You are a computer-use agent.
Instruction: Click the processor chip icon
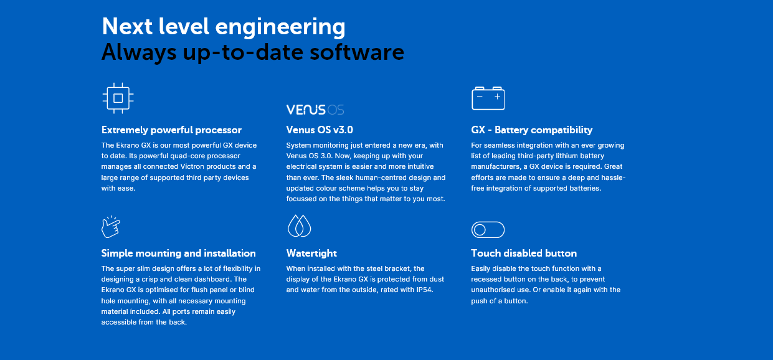click(x=118, y=98)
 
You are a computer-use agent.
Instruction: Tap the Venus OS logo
click(x=315, y=110)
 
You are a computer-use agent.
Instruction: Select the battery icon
click(x=488, y=98)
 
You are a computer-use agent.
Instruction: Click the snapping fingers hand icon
click(x=111, y=227)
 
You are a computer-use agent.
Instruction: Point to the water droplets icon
click(x=299, y=225)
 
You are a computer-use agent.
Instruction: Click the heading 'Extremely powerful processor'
click(x=171, y=130)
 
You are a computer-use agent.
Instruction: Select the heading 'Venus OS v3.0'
click(x=320, y=130)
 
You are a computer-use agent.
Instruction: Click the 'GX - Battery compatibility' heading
click(x=532, y=130)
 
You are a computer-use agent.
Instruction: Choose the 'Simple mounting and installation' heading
click(x=178, y=253)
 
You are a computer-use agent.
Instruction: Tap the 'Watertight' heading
click(x=311, y=253)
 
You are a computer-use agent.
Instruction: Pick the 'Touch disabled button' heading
click(x=524, y=253)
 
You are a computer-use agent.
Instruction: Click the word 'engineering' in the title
click(x=280, y=27)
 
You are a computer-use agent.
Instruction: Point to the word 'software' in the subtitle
click(x=357, y=52)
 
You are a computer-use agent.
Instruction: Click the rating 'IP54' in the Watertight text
click(x=424, y=290)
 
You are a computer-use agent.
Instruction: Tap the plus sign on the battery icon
click(x=497, y=97)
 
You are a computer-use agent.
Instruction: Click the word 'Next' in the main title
click(x=127, y=27)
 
